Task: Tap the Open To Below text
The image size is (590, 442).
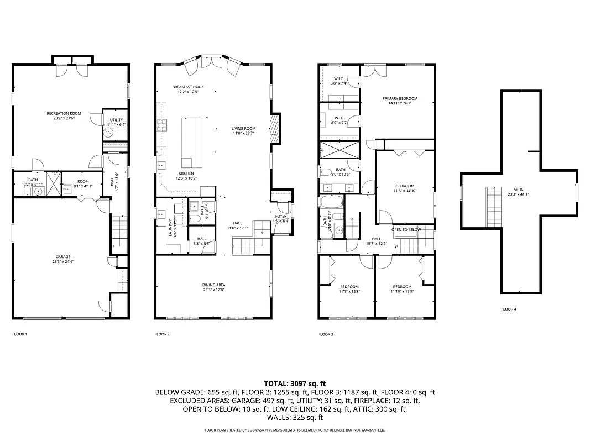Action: pyautogui.click(x=406, y=229)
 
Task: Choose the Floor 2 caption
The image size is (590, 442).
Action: pyautogui.click(x=162, y=334)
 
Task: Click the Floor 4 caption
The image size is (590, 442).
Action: pyautogui.click(x=508, y=309)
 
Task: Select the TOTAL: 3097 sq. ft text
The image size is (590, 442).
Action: pyautogui.click(x=295, y=383)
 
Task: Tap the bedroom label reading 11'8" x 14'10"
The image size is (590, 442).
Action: pyautogui.click(x=404, y=188)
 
